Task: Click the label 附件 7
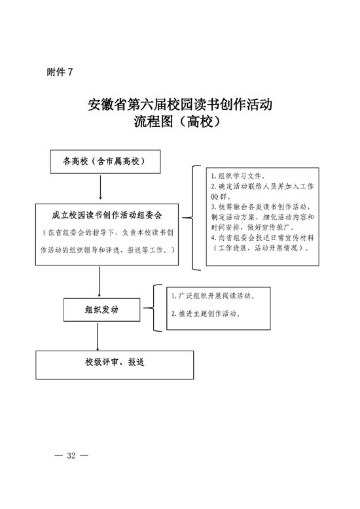(60, 72)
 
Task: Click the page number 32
(71, 455)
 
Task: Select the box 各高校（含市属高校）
(105, 162)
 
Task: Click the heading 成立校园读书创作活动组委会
(107, 215)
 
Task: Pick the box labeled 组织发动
(101, 309)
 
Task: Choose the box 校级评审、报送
(115, 364)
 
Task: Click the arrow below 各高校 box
(100, 187)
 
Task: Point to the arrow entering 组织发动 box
(99, 282)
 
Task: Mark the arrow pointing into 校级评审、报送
(98, 337)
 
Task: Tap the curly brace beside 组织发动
(153, 307)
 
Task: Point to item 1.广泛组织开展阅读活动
(213, 296)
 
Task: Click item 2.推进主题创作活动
(206, 313)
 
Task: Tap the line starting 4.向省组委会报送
(262, 237)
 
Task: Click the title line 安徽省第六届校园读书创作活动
(180, 105)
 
